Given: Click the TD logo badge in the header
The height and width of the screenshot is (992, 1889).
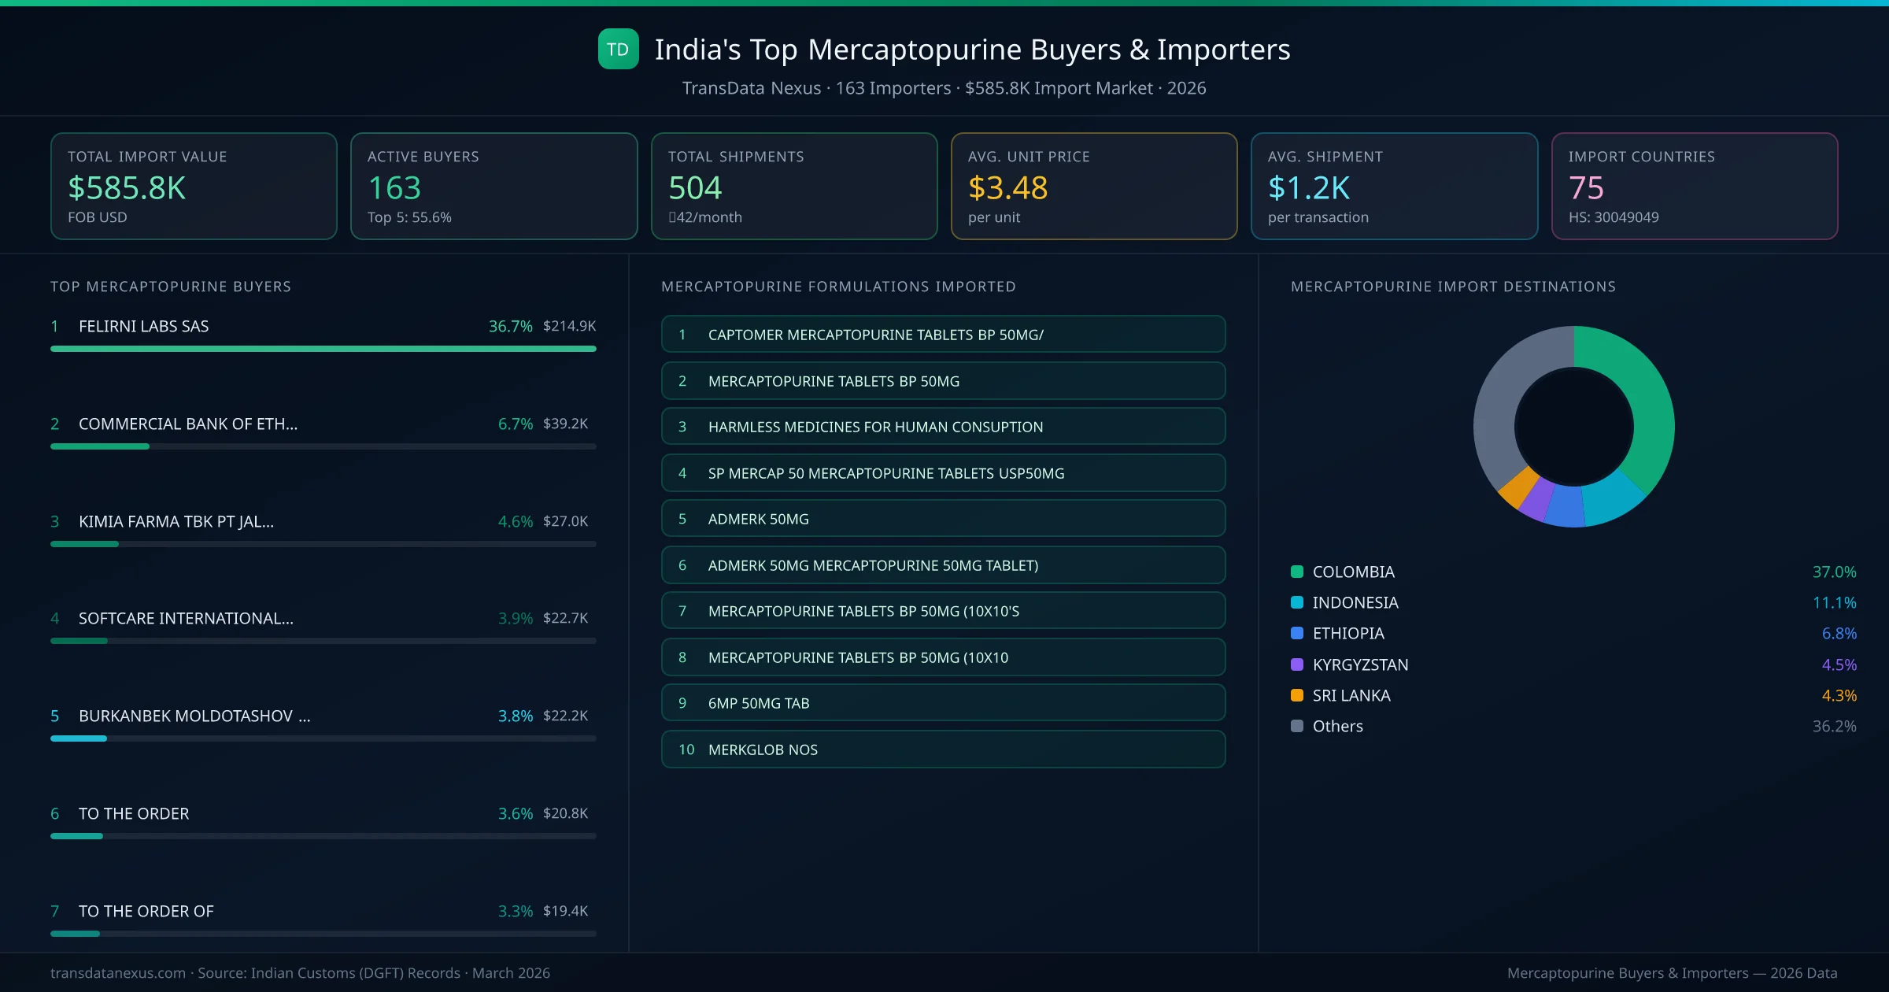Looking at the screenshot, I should tap(618, 50).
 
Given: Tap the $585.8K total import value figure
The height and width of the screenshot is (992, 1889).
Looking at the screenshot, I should tap(127, 188).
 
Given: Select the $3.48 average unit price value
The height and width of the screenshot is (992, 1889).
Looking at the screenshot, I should tap(1007, 188).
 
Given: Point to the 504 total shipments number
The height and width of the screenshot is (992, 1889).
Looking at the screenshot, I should tap(694, 188).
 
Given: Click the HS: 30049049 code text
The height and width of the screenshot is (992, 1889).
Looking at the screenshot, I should tap(1613, 217).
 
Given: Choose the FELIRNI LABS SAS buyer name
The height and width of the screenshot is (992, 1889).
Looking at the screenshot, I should tap(143, 326).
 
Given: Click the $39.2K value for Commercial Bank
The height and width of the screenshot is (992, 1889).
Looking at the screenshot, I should tap(565, 424).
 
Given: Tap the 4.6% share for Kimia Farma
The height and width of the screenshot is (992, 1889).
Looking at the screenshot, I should tap(515, 521).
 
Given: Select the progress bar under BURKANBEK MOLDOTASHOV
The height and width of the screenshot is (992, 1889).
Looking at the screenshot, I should tap(323, 738).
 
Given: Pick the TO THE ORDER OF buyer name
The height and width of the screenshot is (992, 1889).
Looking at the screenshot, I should tap(146, 911).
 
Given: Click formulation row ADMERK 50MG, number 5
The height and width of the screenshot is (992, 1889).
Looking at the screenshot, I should tap(943, 519).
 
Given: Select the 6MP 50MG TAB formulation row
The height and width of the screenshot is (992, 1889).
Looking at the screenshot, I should tap(943, 703).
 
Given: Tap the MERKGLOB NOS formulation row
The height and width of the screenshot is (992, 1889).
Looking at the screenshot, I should tap(943, 750).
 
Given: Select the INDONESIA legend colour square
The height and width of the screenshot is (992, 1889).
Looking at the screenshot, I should tap(1297, 602).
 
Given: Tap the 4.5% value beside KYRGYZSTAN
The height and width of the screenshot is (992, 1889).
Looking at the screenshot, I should tap(1839, 664).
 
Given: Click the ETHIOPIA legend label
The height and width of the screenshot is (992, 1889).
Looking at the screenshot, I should tap(1347, 633).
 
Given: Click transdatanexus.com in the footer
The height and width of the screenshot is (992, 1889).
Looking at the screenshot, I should tap(118, 973).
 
